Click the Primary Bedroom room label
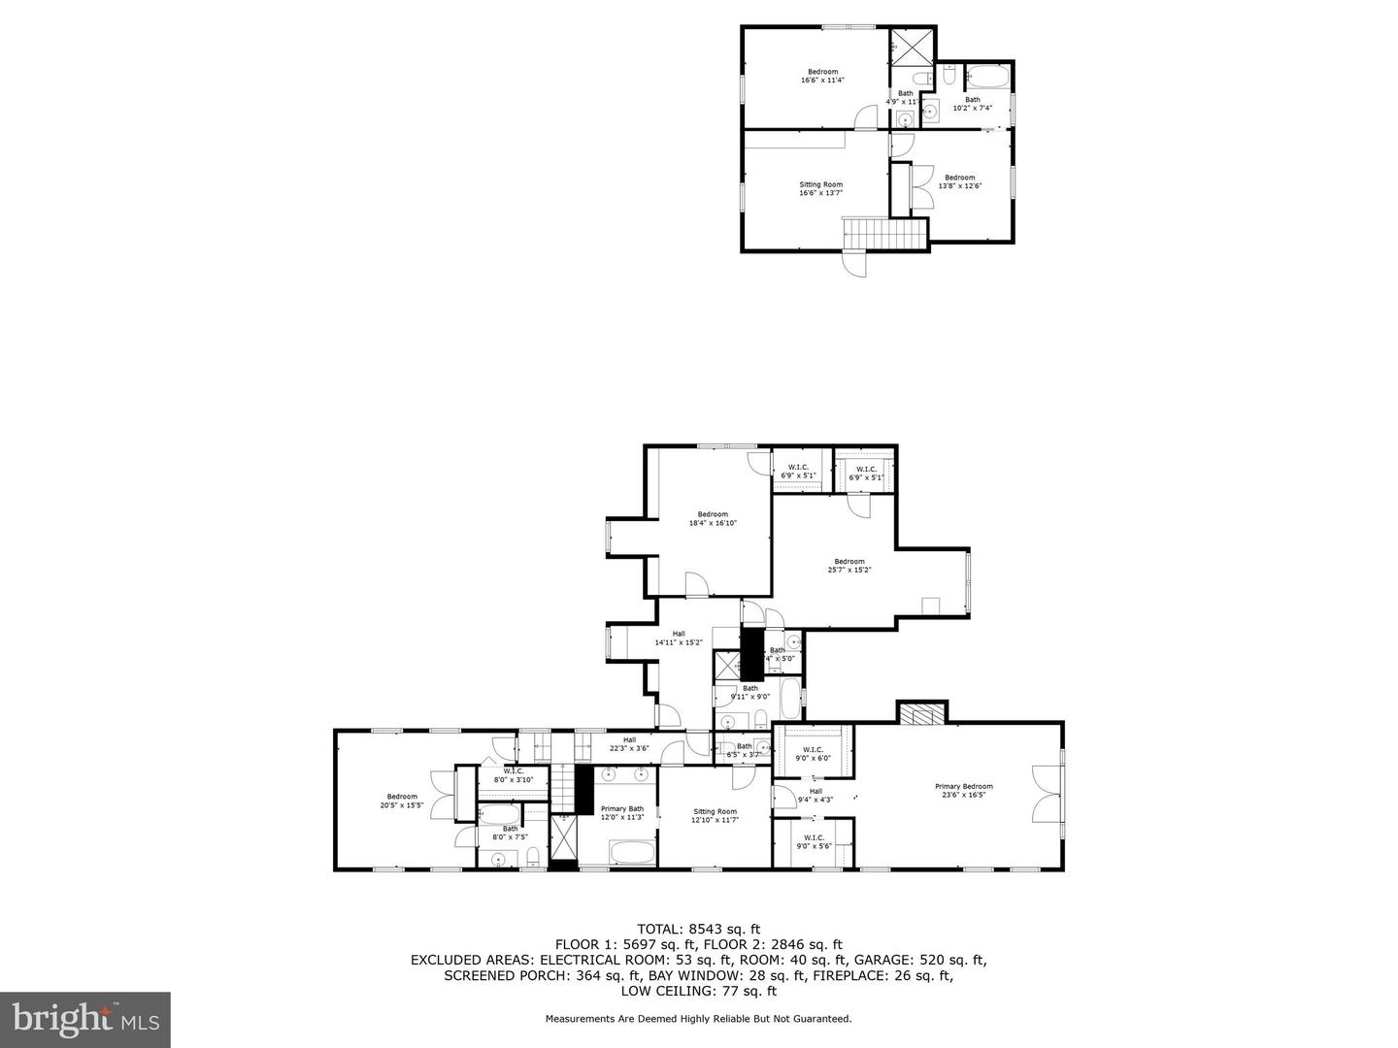pos(963,791)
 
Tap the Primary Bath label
pos(621,813)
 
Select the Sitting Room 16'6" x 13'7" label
pos(820,188)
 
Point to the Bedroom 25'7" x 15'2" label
pos(849,565)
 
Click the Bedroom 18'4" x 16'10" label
pos(713,518)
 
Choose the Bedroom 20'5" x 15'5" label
pos(402,801)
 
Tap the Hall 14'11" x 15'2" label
pos(678,638)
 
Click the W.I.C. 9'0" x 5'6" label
pos(813,841)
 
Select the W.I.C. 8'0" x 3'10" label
pos(514,775)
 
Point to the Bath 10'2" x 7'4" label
pos(972,103)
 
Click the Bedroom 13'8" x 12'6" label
pos(959,180)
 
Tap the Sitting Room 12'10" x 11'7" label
pos(715,815)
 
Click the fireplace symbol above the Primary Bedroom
pos(919,715)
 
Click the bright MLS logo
pos(85,1019)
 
